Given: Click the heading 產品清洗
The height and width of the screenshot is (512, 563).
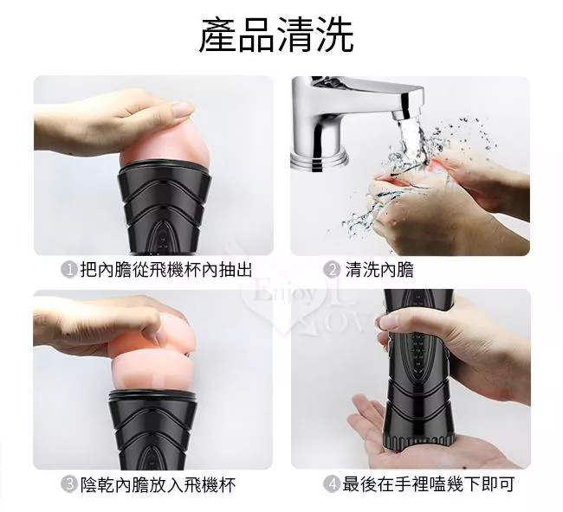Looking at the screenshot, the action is pyautogui.click(x=276, y=35).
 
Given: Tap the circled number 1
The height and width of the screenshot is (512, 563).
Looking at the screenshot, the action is pyautogui.click(x=68, y=270).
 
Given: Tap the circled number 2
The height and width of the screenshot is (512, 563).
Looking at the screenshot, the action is pyautogui.click(x=332, y=270).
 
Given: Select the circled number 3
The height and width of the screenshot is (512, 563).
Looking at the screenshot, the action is pyautogui.click(x=68, y=484).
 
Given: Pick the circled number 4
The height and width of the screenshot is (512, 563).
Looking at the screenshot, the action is pyautogui.click(x=332, y=484).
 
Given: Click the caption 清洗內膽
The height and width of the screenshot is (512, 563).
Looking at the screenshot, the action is pyautogui.click(x=379, y=270).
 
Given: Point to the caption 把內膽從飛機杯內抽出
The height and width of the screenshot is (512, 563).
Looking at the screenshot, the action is pyautogui.click(x=166, y=270).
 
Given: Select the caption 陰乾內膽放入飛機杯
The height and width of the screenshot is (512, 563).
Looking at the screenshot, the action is pyautogui.click(x=158, y=484).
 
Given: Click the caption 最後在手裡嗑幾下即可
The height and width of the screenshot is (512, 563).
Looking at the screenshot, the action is pyautogui.click(x=429, y=484).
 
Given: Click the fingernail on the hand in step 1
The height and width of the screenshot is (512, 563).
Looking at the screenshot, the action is pyautogui.click(x=182, y=107).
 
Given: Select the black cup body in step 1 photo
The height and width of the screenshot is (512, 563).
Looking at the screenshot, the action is pyautogui.click(x=164, y=208).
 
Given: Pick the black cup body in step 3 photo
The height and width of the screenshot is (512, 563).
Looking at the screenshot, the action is pyautogui.click(x=153, y=430).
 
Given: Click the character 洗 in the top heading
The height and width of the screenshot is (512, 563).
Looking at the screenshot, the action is pyautogui.click(x=334, y=35).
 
